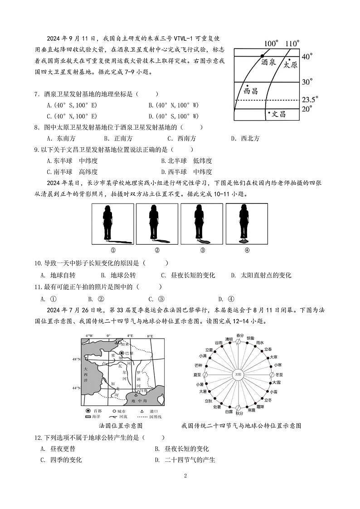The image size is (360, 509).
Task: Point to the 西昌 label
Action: click(x=250, y=91)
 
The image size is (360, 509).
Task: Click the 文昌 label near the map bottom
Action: click(x=278, y=114)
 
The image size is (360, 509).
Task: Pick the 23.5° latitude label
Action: click(x=310, y=99)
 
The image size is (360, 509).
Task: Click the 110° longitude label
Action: click(x=292, y=44)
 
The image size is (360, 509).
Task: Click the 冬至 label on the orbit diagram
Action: click(x=278, y=375)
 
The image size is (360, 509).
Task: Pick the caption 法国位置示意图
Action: click(x=121, y=426)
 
